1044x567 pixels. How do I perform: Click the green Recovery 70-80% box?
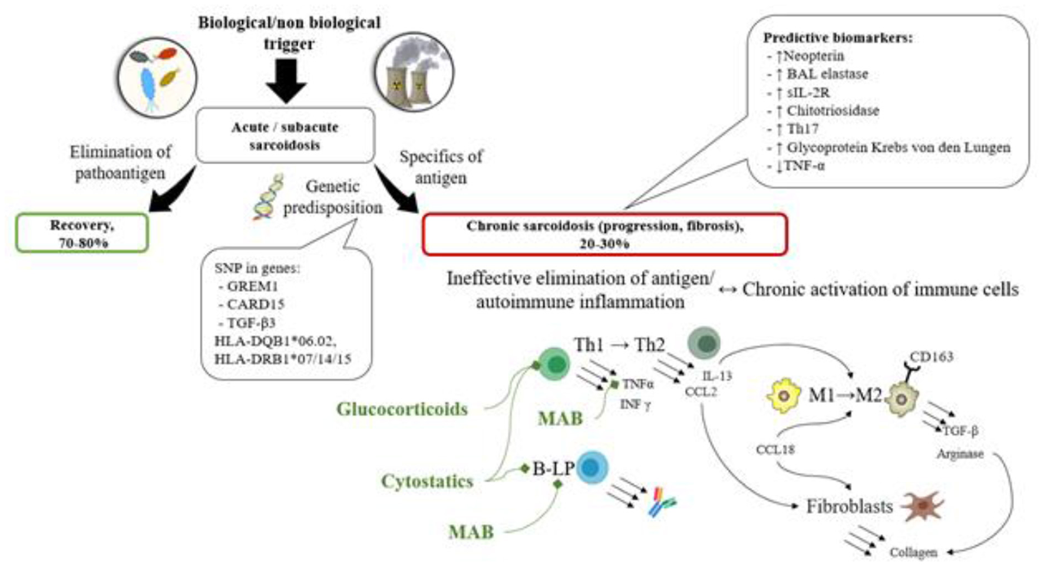(82, 233)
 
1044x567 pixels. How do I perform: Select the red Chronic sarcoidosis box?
(604, 234)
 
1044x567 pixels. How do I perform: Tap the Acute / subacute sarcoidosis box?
(285, 136)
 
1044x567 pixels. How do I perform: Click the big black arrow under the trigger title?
(286, 81)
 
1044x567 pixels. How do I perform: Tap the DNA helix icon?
(268, 197)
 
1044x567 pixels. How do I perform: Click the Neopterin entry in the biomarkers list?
(813, 56)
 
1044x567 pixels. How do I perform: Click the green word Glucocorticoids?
(402, 409)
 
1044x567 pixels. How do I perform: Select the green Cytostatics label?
(427, 482)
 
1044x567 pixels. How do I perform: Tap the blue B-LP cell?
(592, 467)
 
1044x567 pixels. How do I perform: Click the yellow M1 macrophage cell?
(784, 396)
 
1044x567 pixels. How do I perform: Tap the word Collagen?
(913, 553)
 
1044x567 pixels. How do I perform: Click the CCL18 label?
(775, 450)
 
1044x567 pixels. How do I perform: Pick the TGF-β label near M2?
(960, 431)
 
